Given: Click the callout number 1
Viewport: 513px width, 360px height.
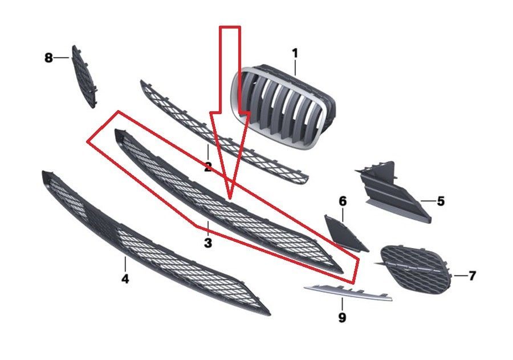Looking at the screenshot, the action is tap(295, 54).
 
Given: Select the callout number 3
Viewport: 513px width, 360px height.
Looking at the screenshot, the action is tap(208, 242).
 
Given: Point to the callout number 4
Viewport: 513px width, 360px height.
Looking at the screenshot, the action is tap(125, 279).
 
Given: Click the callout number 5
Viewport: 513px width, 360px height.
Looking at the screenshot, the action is tap(441, 201).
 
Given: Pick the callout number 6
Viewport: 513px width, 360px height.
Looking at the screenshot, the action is tap(343, 201).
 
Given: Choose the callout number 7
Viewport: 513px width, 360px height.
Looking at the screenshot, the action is tap(472, 276).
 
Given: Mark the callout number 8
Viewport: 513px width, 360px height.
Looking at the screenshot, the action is tap(48, 58).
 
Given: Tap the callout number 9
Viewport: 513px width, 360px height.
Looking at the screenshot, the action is tap(342, 317).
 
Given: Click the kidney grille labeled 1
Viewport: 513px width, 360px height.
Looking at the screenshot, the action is tap(283, 107).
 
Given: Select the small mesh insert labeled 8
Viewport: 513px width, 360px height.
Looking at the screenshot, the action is tap(84, 77).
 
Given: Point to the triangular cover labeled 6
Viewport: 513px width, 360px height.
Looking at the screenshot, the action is tap(344, 233).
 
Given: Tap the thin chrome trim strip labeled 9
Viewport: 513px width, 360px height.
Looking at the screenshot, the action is tap(348, 292).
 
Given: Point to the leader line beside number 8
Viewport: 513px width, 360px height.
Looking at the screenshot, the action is tap(61, 58).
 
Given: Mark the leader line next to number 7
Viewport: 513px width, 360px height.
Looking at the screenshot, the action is tap(460, 276).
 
